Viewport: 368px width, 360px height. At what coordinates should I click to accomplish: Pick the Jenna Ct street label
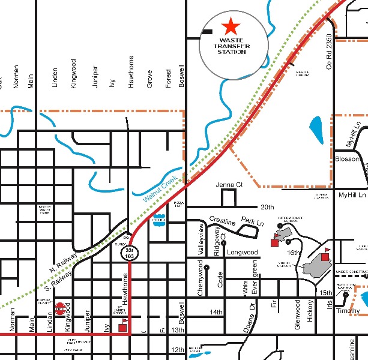click(229, 185)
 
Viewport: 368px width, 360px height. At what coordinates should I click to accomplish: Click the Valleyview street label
click(201, 239)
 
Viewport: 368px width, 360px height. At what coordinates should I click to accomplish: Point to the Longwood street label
click(242, 253)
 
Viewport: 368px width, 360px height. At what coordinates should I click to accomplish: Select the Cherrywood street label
click(200, 277)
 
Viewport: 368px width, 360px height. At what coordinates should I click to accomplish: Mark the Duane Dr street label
click(253, 313)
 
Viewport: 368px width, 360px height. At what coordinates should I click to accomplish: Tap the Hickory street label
click(310, 311)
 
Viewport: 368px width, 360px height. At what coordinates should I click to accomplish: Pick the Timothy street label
click(348, 312)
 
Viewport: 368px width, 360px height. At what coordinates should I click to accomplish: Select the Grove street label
click(149, 79)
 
